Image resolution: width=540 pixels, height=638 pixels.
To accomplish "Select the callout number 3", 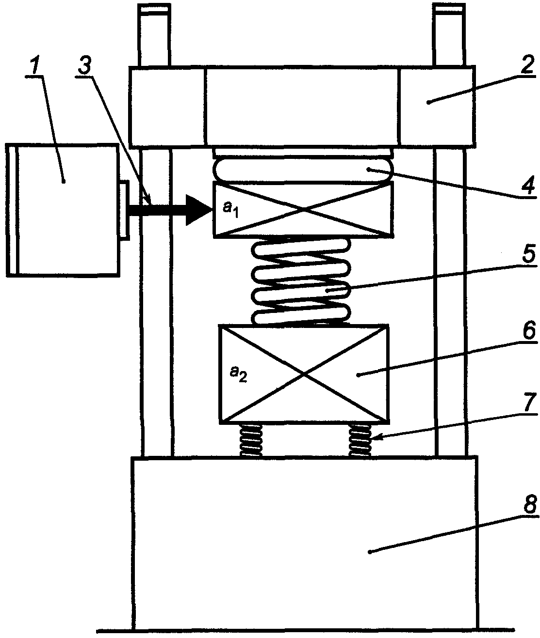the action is [85, 67].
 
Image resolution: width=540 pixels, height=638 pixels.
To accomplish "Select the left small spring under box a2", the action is [251, 441].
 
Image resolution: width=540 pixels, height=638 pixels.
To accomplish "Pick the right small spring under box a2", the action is [360, 441].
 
